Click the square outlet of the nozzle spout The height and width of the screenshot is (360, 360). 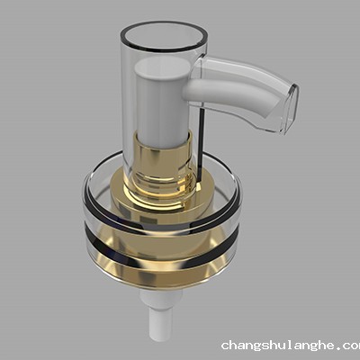pos(286,108)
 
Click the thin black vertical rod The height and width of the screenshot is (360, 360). pos(202,135)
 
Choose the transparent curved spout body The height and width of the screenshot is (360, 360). pos(247,90)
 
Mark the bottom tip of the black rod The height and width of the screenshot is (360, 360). pos(202,167)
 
